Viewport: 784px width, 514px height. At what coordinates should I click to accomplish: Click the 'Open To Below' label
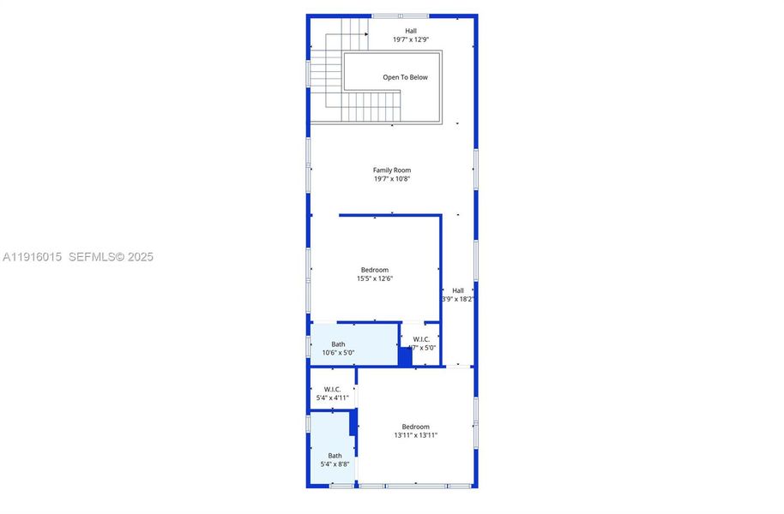coord(405,77)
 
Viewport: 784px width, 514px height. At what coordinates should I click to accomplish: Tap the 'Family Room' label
coord(392,170)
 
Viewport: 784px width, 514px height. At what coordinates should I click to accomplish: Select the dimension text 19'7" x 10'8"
coord(392,179)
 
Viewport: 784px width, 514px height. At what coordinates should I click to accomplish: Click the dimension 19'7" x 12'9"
coord(411,39)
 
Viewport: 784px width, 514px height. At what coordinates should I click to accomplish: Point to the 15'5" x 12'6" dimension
coord(375,278)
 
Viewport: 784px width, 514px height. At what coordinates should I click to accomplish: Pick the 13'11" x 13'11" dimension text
coord(416,435)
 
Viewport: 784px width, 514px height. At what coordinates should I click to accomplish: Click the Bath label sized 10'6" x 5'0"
coord(339,344)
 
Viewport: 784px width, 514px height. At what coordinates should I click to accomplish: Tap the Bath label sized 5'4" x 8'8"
coord(335,456)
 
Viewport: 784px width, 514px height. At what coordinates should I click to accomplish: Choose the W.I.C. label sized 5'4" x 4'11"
coord(333,389)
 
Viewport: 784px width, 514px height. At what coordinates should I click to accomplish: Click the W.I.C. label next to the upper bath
coord(421,339)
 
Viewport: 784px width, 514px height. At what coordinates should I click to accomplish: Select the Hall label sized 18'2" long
coord(458,290)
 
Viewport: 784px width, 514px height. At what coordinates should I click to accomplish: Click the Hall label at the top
coord(411,31)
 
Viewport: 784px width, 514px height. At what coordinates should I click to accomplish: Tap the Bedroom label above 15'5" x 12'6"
coord(375,270)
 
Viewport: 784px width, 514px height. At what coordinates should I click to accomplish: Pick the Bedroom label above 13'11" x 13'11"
coord(416,427)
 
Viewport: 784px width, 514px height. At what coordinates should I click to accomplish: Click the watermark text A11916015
coord(32,257)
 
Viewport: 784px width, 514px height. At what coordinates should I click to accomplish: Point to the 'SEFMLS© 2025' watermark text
coord(111,257)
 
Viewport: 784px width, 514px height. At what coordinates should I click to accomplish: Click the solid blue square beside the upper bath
coord(405,357)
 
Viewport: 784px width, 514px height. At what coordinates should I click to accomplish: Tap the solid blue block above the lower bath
coord(353,421)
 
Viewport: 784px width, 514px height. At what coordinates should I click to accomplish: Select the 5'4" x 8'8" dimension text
coord(335,464)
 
